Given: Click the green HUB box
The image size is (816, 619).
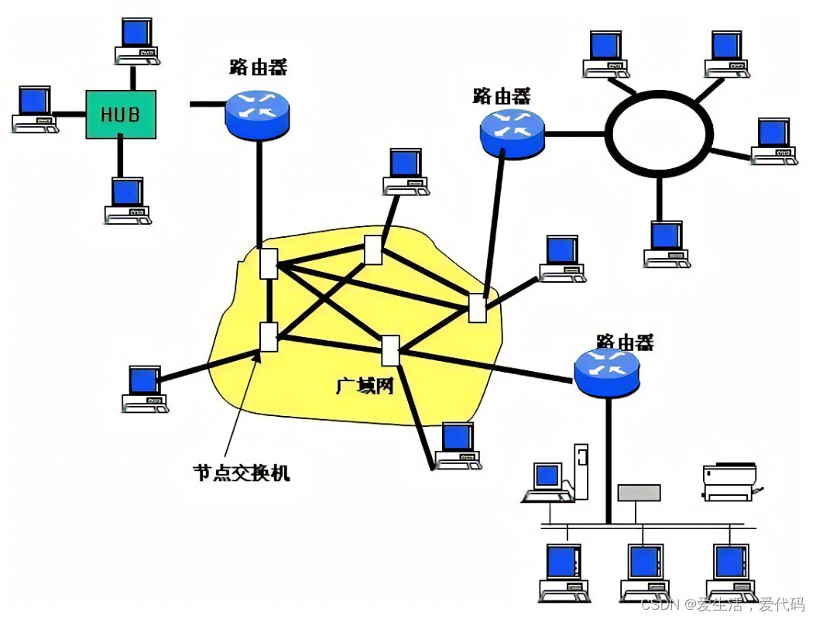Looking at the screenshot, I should [x=120, y=114].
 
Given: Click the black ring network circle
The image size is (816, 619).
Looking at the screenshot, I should [x=658, y=133].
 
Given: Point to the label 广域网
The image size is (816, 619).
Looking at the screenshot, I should [x=365, y=385].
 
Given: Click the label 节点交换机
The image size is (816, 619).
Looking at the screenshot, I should [x=241, y=472].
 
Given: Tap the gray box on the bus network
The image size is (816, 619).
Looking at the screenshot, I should [x=639, y=493].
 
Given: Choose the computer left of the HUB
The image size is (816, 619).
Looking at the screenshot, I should [x=35, y=109].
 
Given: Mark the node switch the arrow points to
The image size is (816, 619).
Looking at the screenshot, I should [x=268, y=337].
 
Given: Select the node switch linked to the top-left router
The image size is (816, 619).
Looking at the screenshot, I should [x=269, y=263].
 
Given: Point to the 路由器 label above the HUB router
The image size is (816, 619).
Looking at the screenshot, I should [x=258, y=67].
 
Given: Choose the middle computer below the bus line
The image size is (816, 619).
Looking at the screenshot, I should [x=644, y=572].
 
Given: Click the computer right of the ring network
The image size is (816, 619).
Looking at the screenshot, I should [x=773, y=140].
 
